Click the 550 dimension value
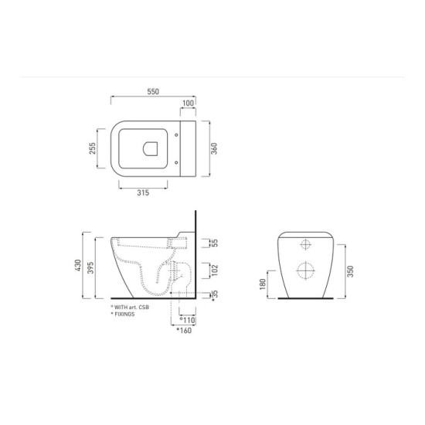point(153,91)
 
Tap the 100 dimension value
point(188,103)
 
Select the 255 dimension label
point(93,148)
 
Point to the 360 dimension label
point(214,148)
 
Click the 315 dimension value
point(143,192)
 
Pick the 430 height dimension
point(78,265)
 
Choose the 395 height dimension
point(91,267)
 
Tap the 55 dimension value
point(214,243)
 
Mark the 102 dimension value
point(214,270)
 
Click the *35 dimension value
point(214,295)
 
